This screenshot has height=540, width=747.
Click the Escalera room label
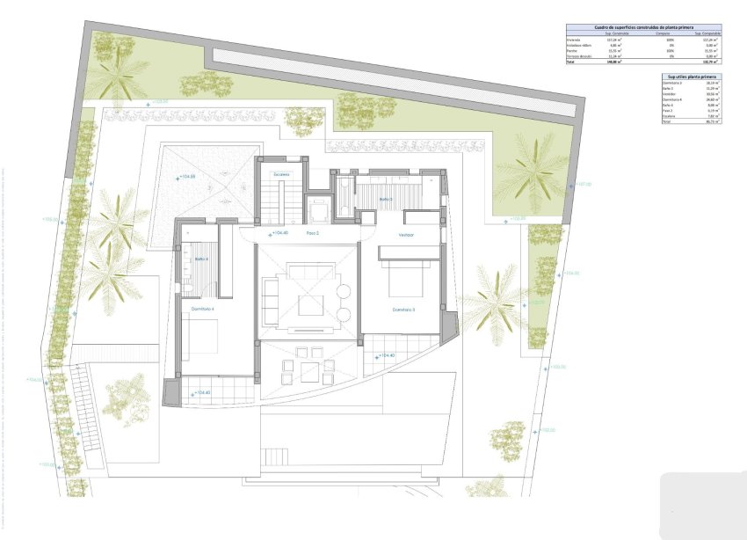(281, 174)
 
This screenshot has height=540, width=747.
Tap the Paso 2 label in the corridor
(312, 233)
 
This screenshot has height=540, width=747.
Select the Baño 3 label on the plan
(385, 200)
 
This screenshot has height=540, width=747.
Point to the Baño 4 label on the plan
(199, 259)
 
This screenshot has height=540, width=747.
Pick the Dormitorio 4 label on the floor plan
(202, 309)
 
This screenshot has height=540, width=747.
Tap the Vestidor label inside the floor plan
(406, 235)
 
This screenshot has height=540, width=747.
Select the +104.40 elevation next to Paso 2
(279, 233)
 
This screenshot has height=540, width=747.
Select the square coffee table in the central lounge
(310, 305)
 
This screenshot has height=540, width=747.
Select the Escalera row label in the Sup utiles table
(669, 115)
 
